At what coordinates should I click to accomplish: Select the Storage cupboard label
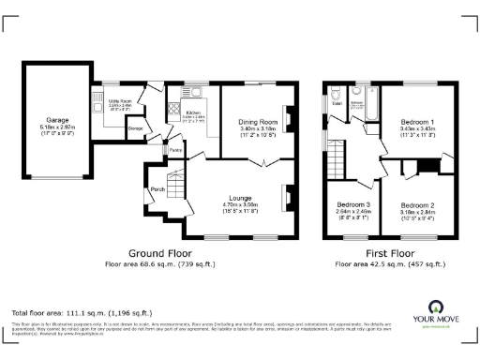pyautogui.click(x=135, y=129)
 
